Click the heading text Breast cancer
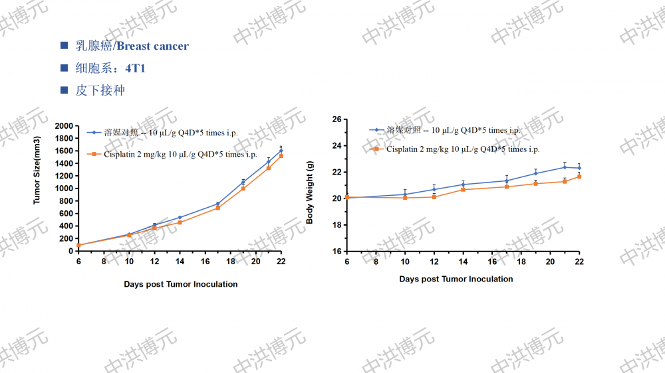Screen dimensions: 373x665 pyautogui.click(x=152, y=46)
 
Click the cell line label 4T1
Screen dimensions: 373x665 pyautogui.click(x=135, y=68)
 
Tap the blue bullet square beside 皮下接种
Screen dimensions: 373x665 pyautogui.click(x=65, y=90)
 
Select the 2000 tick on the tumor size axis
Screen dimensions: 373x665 pyautogui.click(x=64, y=126)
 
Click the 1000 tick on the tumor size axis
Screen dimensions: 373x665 pyautogui.click(x=64, y=188)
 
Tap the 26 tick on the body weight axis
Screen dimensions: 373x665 pyautogui.click(x=336, y=119)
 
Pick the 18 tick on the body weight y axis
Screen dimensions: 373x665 pyautogui.click(x=336, y=225)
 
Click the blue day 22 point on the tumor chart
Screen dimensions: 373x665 pyautogui.click(x=281, y=151)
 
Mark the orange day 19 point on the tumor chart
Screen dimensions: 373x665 pyautogui.click(x=243, y=188)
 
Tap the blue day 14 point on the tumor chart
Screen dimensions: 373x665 pyautogui.click(x=180, y=218)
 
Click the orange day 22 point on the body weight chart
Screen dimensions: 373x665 pyautogui.click(x=579, y=177)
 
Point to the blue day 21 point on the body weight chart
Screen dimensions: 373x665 pyautogui.click(x=565, y=167)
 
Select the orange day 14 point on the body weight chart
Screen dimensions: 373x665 pyautogui.click(x=463, y=189)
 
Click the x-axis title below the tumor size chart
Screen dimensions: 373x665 pyautogui.click(x=180, y=284)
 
